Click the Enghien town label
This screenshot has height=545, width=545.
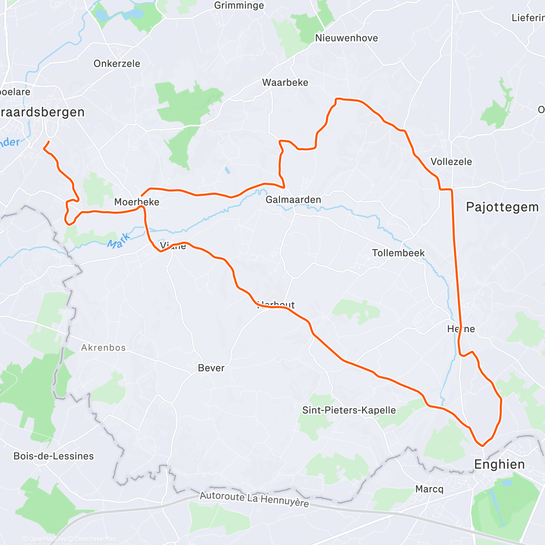pyautogui.click(x=499, y=464)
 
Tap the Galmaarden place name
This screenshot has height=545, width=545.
pyautogui.click(x=293, y=200)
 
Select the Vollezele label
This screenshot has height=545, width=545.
pyautogui.click(x=451, y=162)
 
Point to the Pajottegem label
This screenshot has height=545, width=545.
pyautogui.click(x=502, y=207)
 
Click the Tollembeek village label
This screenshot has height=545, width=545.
pyautogui.click(x=398, y=253)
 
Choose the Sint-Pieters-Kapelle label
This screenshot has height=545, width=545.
pyautogui.click(x=349, y=410)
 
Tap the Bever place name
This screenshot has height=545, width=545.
pyautogui.click(x=211, y=368)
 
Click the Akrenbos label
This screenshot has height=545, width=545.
pyautogui.click(x=103, y=348)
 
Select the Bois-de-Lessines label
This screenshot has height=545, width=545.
pyautogui.click(x=54, y=456)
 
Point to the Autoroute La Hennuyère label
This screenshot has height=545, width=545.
pyautogui.click(x=254, y=500)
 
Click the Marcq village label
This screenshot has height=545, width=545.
pyautogui.click(x=429, y=489)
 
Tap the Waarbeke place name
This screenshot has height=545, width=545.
pyautogui.click(x=285, y=83)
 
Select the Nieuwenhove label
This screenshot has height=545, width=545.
pyautogui.click(x=347, y=38)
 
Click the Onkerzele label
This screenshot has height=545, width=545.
pyautogui.click(x=117, y=64)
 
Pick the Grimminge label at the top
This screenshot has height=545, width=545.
pyautogui.click(x=239, y=5)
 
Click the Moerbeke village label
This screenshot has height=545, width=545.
pyautogui.click(x=136, y=202)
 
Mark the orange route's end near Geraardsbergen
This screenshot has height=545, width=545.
pyautogui.click(x=48, y=142)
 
